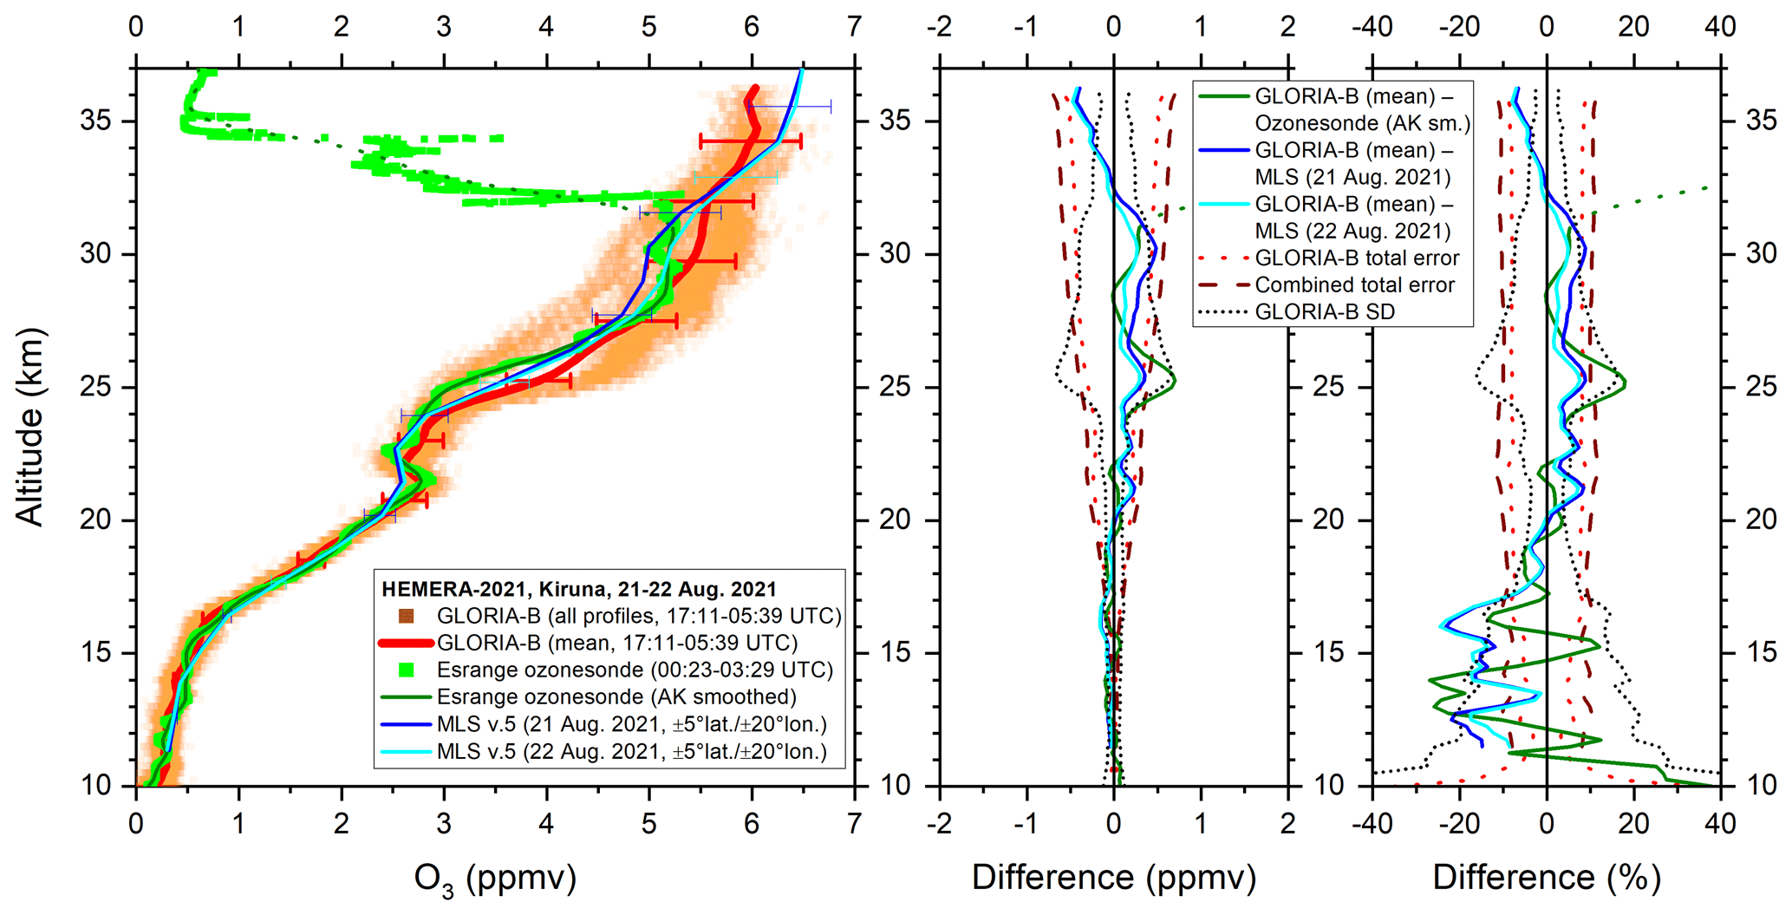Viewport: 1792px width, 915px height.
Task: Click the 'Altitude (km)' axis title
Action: pos(29,427)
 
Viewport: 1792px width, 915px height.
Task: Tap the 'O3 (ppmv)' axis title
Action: pos(495,879)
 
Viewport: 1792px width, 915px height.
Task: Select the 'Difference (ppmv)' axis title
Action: pos(1113,878)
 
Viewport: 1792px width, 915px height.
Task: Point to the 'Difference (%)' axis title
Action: pos(1547,878)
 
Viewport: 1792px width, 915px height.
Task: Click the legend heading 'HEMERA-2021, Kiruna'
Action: pos(579,589)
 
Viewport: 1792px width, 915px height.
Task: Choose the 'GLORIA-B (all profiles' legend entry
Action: pos(639,616)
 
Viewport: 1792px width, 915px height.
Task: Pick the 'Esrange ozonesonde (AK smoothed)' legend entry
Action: pos(616,696)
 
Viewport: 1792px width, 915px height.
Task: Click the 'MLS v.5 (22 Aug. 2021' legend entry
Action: pos(631,751)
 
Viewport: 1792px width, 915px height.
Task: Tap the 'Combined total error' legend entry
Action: pos(1354,284)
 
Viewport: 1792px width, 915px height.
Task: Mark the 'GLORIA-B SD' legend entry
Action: pos(1325,311)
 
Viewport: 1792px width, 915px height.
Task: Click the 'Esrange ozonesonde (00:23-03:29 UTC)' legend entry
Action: pos(635,670)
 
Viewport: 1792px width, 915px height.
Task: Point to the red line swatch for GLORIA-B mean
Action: pos(405,643)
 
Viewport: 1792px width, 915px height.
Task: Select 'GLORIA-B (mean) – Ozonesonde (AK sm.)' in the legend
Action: pos(1361,110)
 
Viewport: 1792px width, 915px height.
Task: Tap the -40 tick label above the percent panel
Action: pos(1372,27)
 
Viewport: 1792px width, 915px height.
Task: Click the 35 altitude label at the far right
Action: pos(1761,121)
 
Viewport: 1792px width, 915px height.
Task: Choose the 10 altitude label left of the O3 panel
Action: pos(96,786)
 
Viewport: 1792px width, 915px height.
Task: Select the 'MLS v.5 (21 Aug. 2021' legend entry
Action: pos(631,724)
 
